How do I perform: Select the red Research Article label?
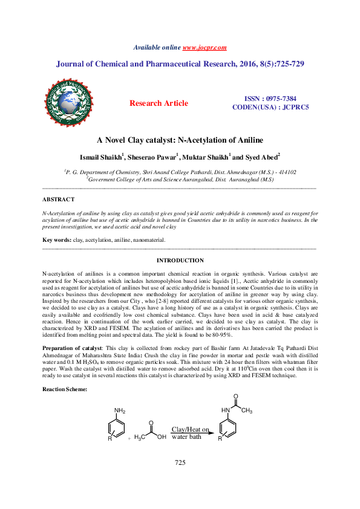pos(159,103)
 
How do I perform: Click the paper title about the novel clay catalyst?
pos(180,140)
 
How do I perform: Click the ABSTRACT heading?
pos(58,199)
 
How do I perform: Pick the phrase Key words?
pos(56,240)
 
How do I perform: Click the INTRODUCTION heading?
pos(180,260)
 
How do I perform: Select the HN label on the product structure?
pos(226,410)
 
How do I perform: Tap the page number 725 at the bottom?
pos(179,479)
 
